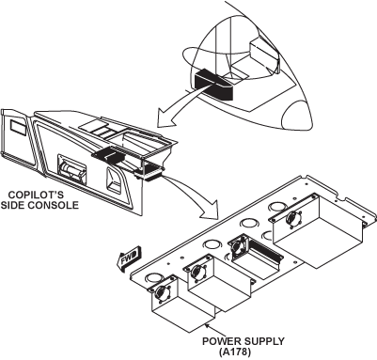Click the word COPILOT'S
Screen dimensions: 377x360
(36, 195)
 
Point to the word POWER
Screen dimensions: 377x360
(222, 341)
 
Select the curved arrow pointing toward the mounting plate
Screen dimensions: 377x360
(196, 194)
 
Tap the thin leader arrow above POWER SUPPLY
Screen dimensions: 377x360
(214, 330)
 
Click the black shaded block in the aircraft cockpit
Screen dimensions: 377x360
(214, 85)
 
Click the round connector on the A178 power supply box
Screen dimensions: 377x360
(162, 294)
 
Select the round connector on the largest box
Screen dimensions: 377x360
(292, 217)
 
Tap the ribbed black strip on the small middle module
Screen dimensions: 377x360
(265, 248)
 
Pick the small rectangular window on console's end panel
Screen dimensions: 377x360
(18, 125)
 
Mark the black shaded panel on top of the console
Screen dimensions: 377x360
(108, 154)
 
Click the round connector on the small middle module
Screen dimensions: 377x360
(238, 246)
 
